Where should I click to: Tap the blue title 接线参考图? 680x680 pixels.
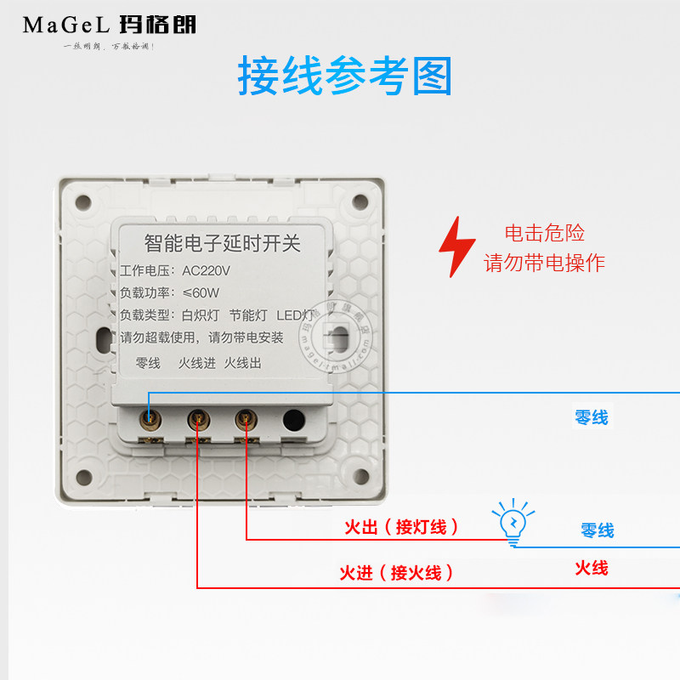click(x=344, y=76)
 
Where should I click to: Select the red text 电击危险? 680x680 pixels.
click(x=545, y=233)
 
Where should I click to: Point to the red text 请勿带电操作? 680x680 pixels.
click(x=545, y=263)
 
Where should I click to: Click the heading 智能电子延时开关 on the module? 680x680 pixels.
click(x=223, y=244)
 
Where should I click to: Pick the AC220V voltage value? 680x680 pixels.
click(x=207, y=271)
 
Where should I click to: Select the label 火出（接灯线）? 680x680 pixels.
click(x=401, y=527)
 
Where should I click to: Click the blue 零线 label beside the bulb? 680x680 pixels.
click(x=597, y=530)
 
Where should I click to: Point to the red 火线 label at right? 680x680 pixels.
click(x=591, y=568)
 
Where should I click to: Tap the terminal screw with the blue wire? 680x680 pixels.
click(x=150, y=418)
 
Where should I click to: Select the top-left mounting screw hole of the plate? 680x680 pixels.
click(x=83, y=202)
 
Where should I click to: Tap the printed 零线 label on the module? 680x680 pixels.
click(x=148, y=363)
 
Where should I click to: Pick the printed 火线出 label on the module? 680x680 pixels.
click(x=243, y=363)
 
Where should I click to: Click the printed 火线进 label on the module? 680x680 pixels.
click(x=197, y=363)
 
